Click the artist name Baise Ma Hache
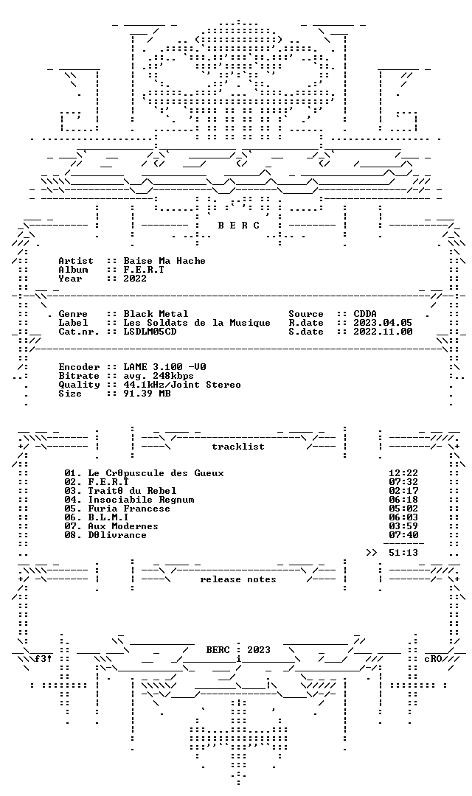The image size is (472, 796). tap(164, 261)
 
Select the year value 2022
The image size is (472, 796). tap(135, 279)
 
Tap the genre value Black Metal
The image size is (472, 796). tap(156, 314)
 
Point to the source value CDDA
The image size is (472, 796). tap(365, 314)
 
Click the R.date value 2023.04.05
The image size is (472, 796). tap(383, 323)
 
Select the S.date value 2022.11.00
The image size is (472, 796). tap(383, 332)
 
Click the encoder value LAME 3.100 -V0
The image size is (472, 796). tap(164, 367)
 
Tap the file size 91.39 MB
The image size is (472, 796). tap(147, 394)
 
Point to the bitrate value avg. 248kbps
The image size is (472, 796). tap(159, 376)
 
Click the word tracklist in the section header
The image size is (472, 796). tap(238, 447)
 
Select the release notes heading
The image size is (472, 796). tap(238, 579)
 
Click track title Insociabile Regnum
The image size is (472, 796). tap(142, 500)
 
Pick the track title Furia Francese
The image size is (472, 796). tap(129, 509)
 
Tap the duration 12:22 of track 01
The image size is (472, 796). tap(403, 473)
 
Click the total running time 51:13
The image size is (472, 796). tap(403, 553)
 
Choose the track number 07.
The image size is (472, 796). tap(72, 526)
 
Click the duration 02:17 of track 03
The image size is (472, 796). tap(403, 491)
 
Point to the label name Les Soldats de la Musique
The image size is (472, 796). tap(197, 323)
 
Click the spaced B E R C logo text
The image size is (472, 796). tap(239, 226)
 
